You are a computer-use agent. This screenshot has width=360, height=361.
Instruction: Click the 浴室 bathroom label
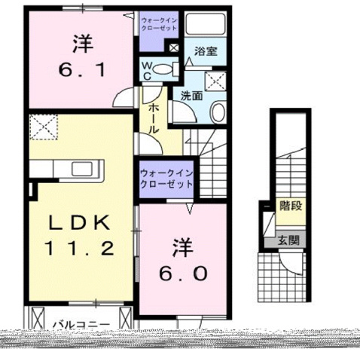206,52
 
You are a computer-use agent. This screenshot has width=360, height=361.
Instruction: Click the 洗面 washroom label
191,96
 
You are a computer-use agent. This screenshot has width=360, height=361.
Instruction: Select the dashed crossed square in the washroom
217,81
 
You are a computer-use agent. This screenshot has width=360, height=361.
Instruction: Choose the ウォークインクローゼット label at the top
160,22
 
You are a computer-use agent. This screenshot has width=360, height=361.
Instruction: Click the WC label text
148,69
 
